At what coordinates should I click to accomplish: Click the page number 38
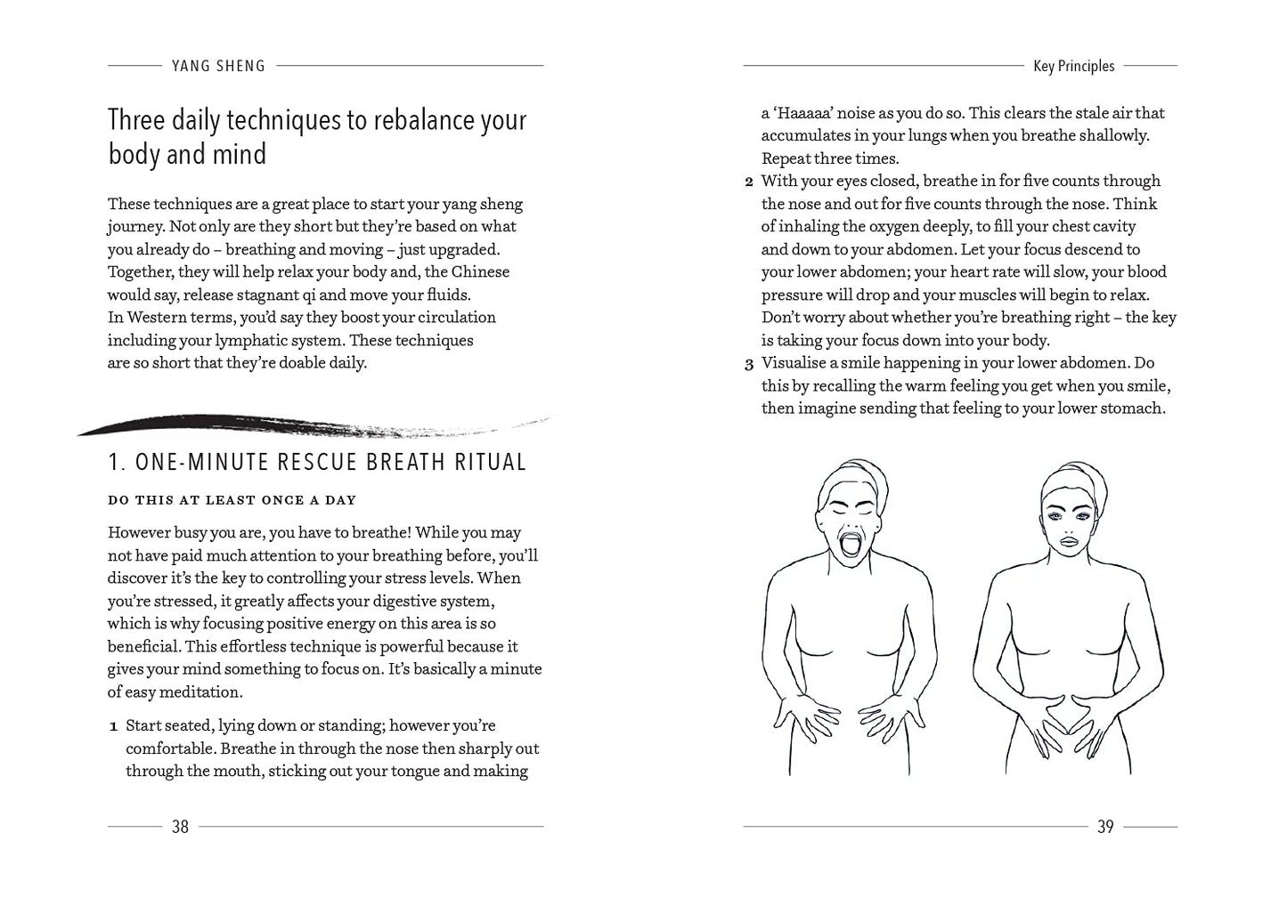tap(180, 827)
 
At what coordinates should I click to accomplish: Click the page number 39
tap(1105, 827)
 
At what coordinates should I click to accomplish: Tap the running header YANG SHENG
tap(218, 66)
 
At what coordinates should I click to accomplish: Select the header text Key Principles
tap(1073, 66)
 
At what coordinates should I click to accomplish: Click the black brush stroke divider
tap(267, 425)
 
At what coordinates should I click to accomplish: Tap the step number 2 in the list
tap(749, 182)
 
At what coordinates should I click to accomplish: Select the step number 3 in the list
tap(749, 364)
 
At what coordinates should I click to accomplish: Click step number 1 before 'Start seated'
tap(114, 727)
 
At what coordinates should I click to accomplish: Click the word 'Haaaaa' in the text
tap(802, 113)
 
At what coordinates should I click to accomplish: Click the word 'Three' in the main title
tap(143, 120)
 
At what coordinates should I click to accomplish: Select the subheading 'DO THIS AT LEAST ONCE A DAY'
tap(232, 500)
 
